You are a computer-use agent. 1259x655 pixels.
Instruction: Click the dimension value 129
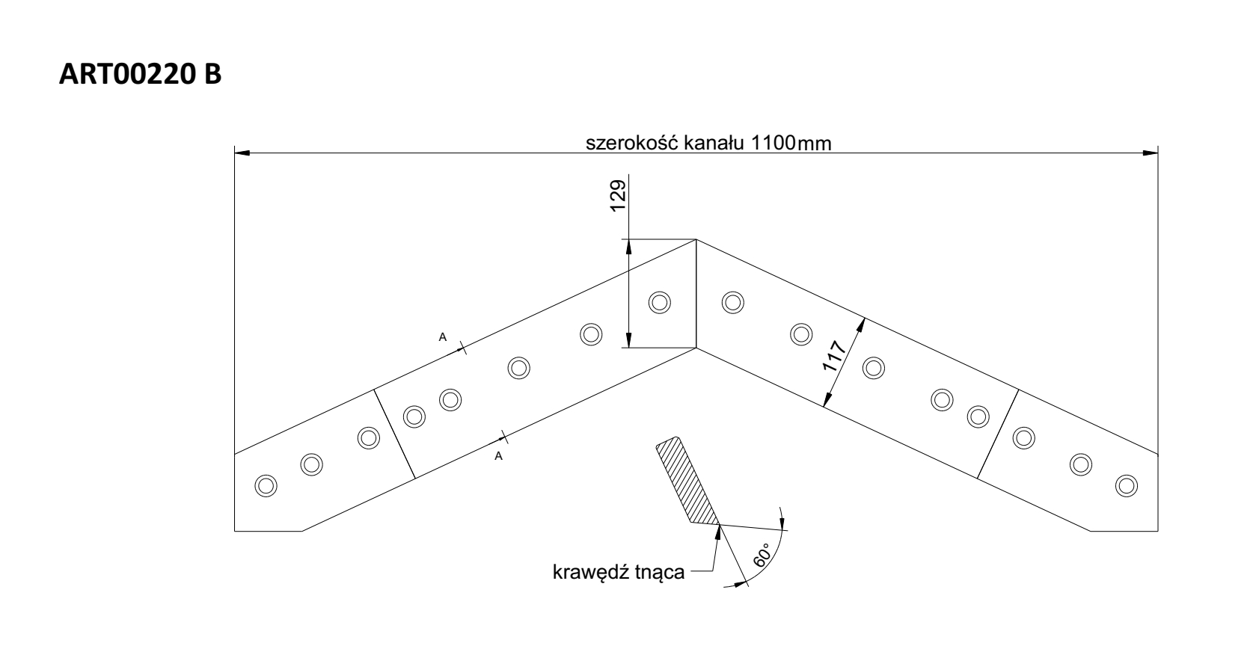tap(617, 196)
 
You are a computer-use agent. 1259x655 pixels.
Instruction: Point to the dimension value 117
tap(834, 357)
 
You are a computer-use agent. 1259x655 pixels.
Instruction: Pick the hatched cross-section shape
tap(686, 482)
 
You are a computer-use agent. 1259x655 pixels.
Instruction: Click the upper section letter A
tap(442, 337)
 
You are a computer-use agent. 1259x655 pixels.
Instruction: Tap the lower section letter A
tap(498, 456)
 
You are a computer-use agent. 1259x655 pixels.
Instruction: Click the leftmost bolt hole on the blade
tap(265, 485)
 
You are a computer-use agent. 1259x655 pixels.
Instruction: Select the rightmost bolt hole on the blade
tap(1124, 485)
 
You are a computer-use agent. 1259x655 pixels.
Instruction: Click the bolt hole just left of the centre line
tap(659, 302)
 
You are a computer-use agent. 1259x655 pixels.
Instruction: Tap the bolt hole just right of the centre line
tap(732, 302)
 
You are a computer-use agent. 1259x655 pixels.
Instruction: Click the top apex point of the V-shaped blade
tap(696, 239)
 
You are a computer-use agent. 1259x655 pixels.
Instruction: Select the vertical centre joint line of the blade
tap(696, 294)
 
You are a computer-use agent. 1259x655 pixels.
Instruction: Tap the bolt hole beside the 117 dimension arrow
tap(873, 367)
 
